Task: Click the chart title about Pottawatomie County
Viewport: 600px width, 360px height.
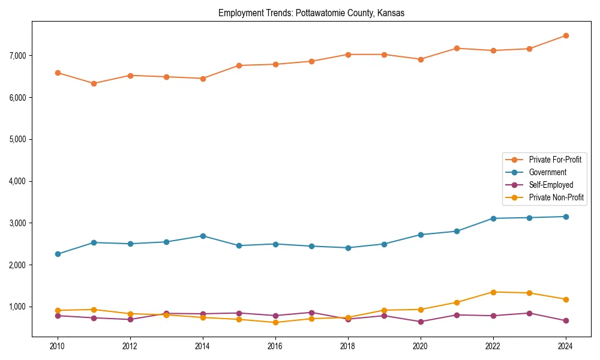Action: tap(311, 13)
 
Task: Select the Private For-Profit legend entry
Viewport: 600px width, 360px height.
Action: tap(554, 160)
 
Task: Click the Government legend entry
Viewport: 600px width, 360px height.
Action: tap(547, 172)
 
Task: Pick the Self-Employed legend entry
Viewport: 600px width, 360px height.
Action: tap(551, 185)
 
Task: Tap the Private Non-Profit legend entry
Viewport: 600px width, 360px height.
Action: tap(556, 197)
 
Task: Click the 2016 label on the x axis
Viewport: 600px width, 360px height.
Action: tap(275, 346)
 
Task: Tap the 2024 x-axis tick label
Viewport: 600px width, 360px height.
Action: tap(565, 346)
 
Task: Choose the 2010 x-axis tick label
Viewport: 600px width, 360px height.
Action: tap(58, 346)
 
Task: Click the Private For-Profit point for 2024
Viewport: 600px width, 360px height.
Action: tap(565, 35)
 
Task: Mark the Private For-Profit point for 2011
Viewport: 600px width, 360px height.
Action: tap(94, 83)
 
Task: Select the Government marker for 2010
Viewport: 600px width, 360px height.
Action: tap(58, 254)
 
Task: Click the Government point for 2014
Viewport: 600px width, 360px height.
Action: tap(203, 236)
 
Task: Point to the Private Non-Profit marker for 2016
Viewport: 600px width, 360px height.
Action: tap(275, 322)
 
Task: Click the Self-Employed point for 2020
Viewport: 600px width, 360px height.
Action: tap(421, 322)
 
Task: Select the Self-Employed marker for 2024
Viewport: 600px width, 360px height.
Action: tap(565, 320)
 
